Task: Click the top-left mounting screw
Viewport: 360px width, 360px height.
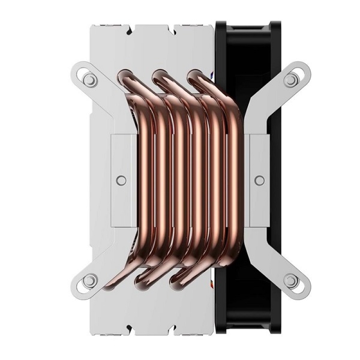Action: pyautogui.click(x=90, y=79)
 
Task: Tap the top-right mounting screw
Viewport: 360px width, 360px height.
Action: pyautogui.click(x=290, y=79)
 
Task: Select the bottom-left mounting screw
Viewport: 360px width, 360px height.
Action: pyautogui.click(x=90, y=280)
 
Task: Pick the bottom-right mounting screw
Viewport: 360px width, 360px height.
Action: pyautogui.click(x=290, y=280)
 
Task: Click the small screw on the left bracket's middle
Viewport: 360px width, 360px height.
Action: pyautogui.click(x=121, y=179)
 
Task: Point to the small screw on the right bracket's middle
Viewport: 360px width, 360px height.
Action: pyautogui.click(x=259, y=179)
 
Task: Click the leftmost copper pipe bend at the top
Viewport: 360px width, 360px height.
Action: pyautogui.click(x=127, y=77)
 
